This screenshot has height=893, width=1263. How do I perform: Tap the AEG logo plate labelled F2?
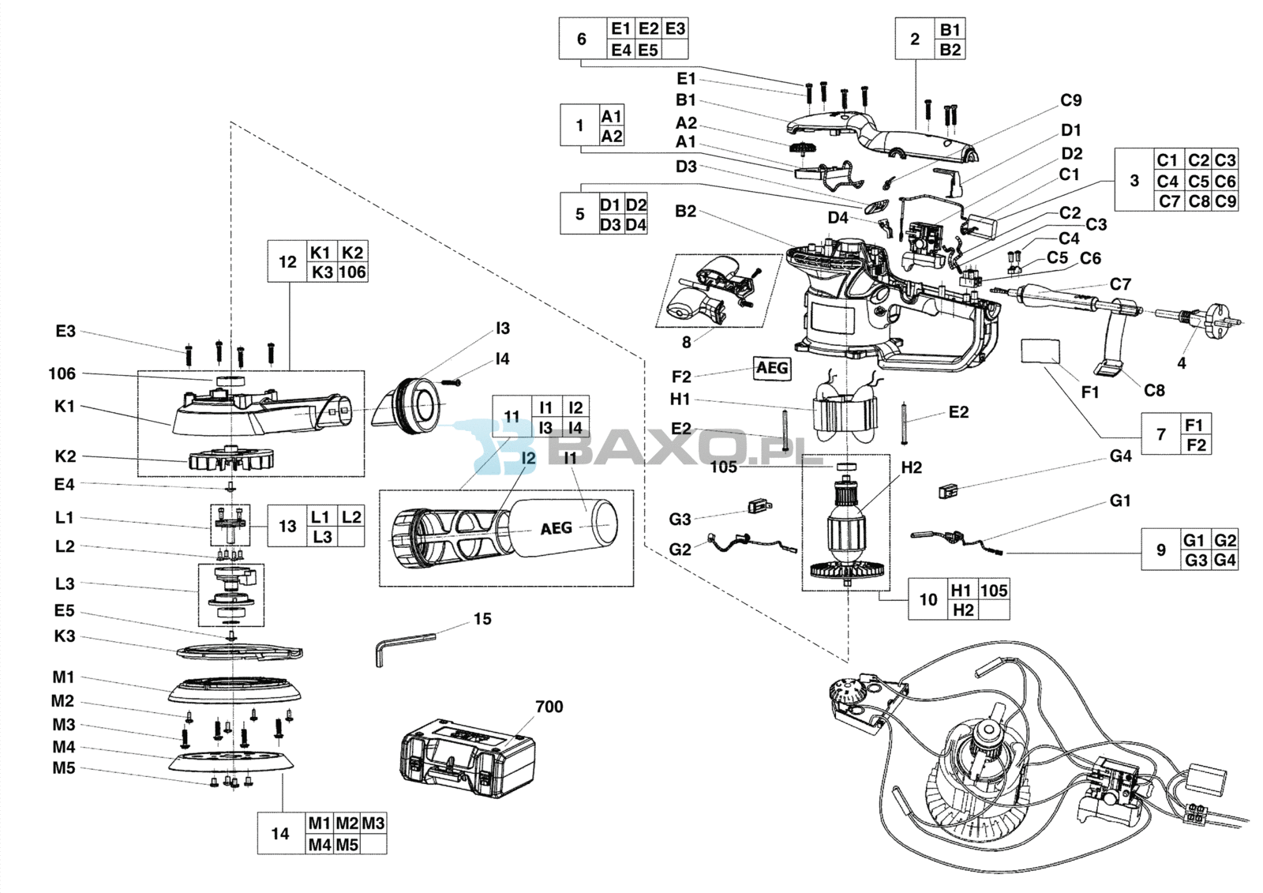tap(771, 368)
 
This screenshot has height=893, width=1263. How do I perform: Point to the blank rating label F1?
tap(1040, 351)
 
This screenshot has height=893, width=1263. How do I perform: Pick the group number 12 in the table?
tap(287, 262)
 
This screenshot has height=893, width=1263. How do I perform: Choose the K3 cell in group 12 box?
tap(321, 272)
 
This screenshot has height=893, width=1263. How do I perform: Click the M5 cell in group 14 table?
tap(347, 845)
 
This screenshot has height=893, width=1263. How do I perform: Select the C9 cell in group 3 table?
tap(1225, 201)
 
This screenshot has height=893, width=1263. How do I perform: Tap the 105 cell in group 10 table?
tap(994, 591)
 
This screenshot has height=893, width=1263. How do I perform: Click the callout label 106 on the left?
tap(62, 373)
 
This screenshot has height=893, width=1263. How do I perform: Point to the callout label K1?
tap(65, 407)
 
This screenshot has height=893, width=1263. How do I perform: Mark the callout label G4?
tap(1120, 456)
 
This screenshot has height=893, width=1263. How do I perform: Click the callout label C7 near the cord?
tap(1120, 284)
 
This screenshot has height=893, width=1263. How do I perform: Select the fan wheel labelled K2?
tap(230, 459)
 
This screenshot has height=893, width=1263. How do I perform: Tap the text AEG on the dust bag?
tap(556, 528)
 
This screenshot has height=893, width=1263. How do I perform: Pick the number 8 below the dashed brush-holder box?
tap(686, 342)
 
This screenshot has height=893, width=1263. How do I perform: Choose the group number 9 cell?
tap(1160, 550)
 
